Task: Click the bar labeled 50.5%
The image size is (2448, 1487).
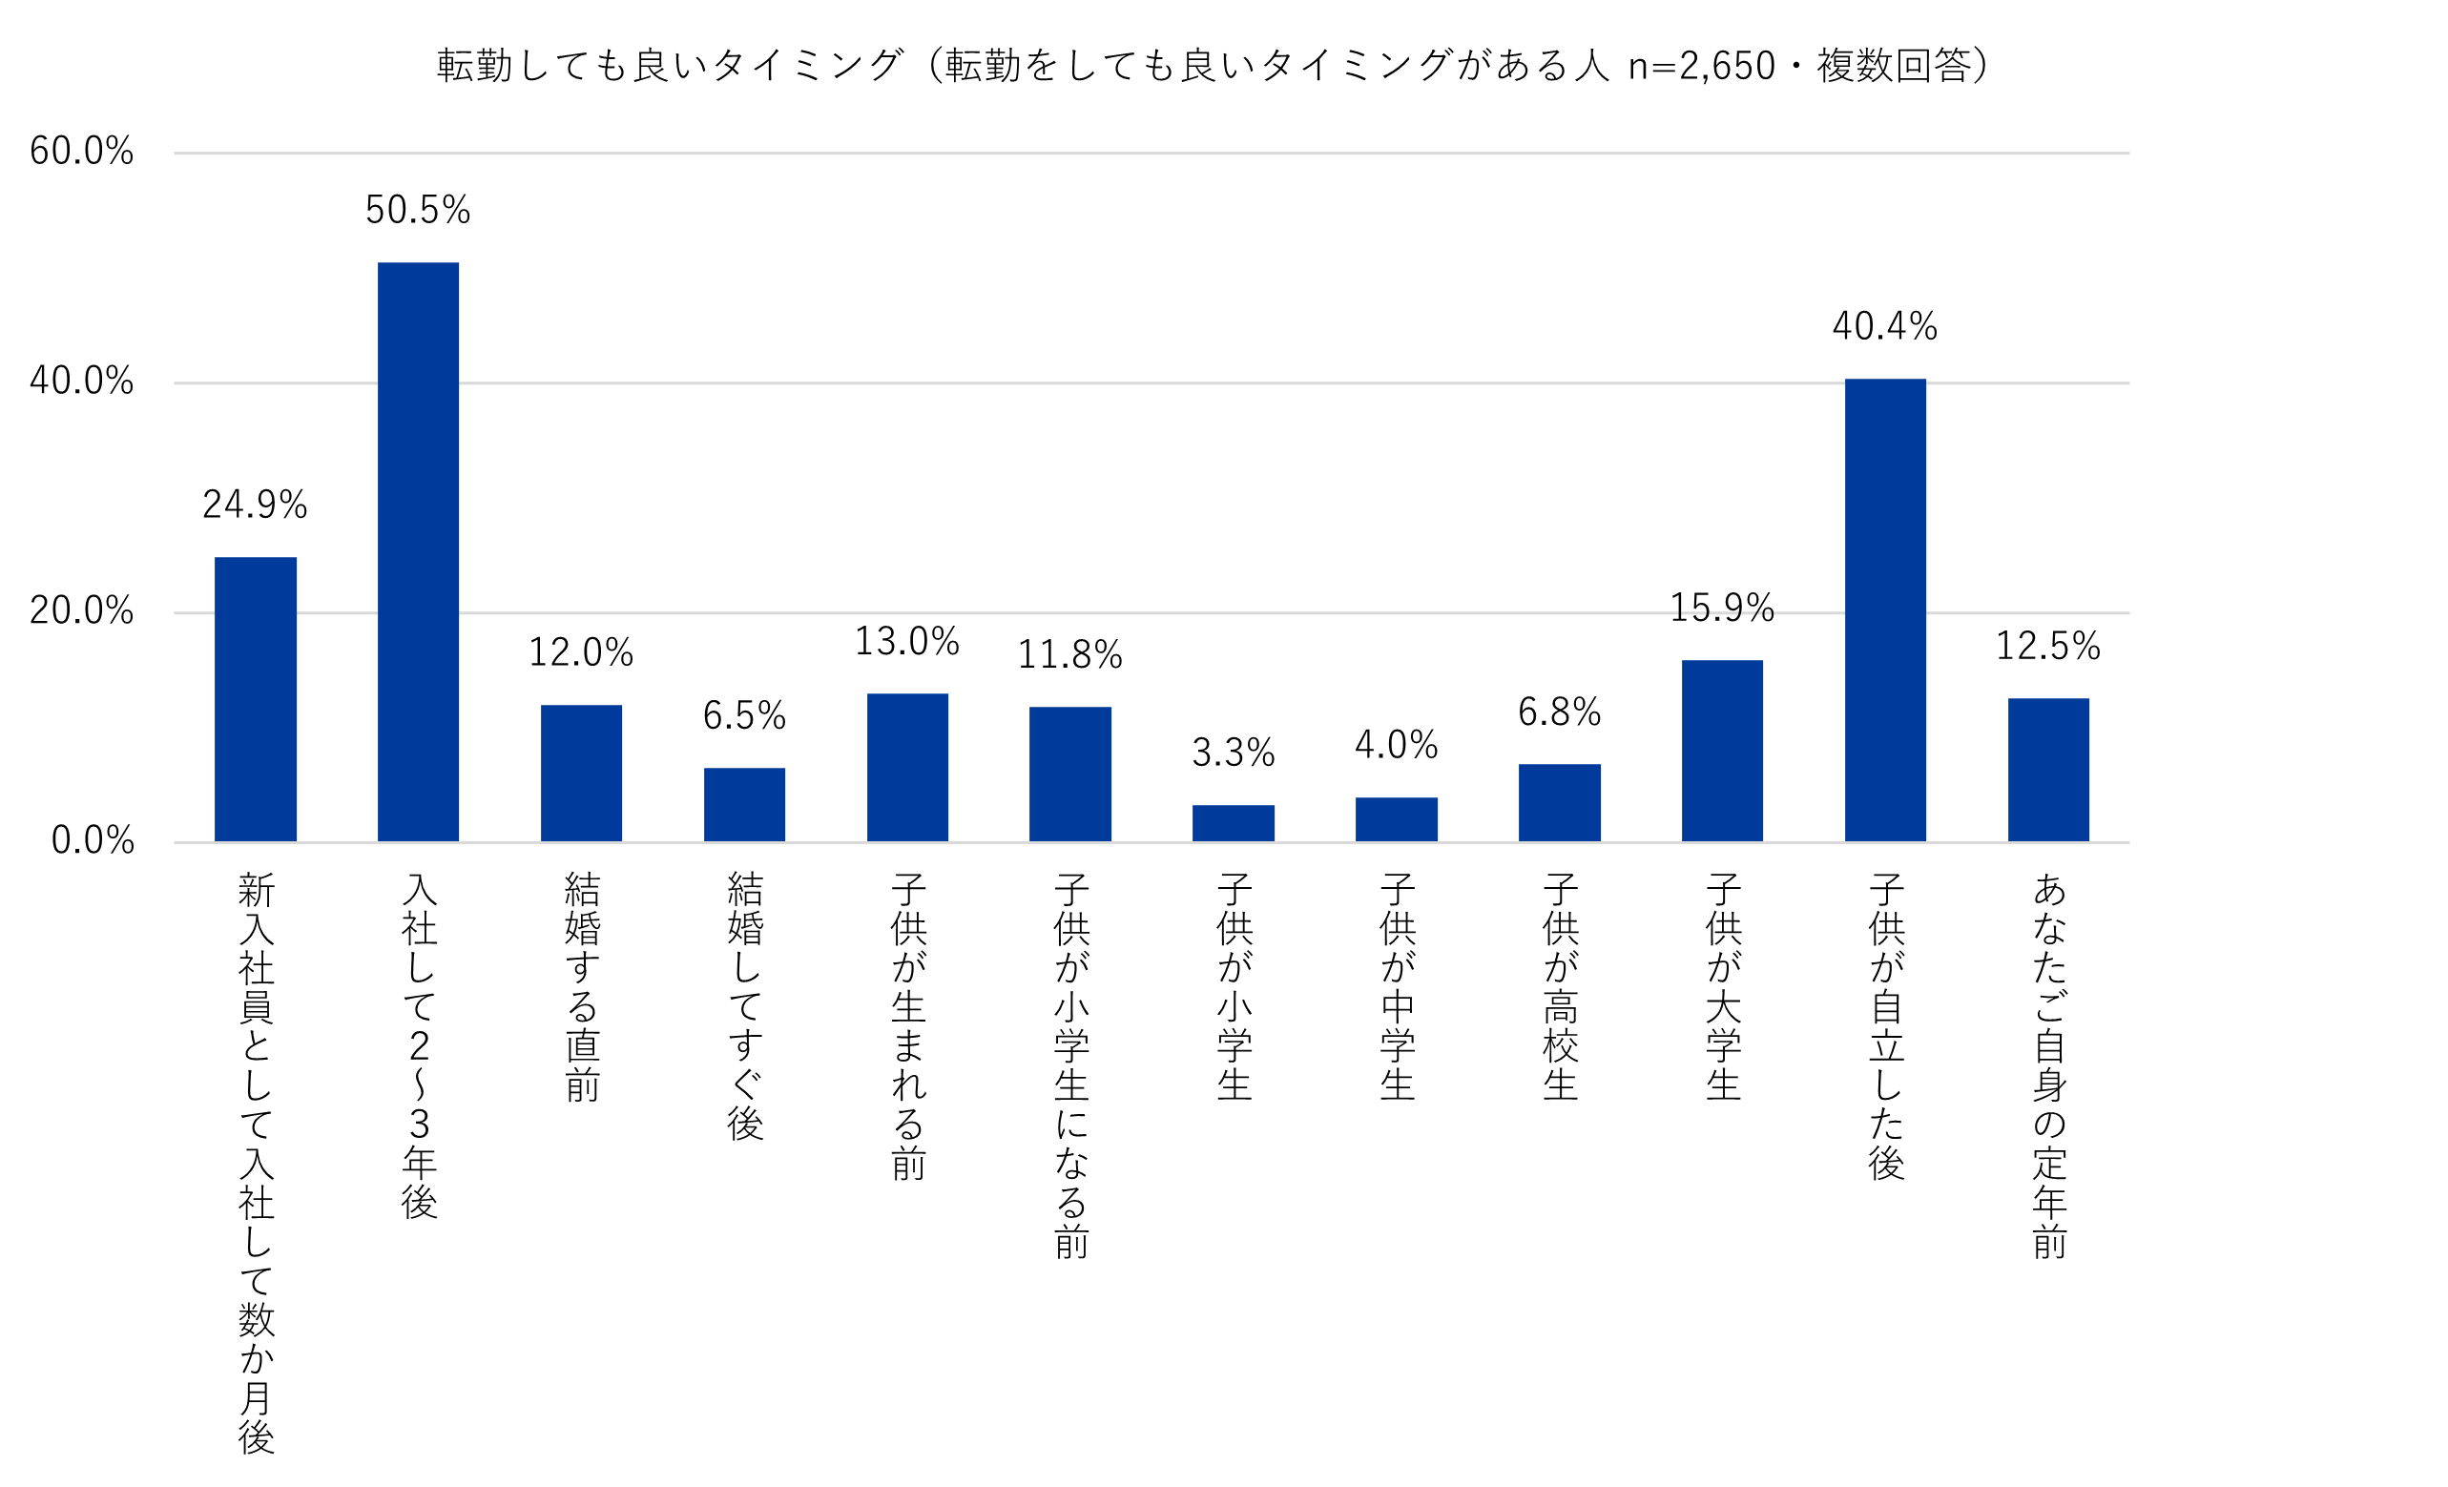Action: pyautogui.click(x=418, y=552)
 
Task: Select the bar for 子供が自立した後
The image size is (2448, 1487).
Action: pyautogui.click(x=1885, y=609)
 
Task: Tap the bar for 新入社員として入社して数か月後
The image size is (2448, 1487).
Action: pyautogui.click(x=256, y=699)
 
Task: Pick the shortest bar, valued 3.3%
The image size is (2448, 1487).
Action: pyautogui.click(x=1233, y=823)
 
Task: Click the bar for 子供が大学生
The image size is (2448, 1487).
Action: pyautogui.click(x=1722, y=751)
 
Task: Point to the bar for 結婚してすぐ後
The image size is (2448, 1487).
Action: pyautogui.click(x=744, y=805)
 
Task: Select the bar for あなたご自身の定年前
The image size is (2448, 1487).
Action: pyautogui.click(x=2047, y=770)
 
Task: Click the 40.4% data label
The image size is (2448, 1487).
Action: pyautogui.click(x=1885, y=327)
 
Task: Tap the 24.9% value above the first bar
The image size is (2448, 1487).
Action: pyautogui.click(x=256, y=506)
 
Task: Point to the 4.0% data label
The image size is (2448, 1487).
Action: pyautogui.click(x=1396, y=746)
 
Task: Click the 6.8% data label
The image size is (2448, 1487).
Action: pyautogui.click(x=1559, y=713)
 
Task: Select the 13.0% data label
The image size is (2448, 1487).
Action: pyautogui.click(x=907, y=642)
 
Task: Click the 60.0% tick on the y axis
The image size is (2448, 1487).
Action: pyautogui.click(x=81, y=152)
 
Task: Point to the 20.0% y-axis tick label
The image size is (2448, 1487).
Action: pyautogui.click(x=81, y=610)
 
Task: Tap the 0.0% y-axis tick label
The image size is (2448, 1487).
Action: pyautogui.click(x=93, y=841)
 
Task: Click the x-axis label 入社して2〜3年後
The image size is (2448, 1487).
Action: pyautogui.click(x=419, y=1046)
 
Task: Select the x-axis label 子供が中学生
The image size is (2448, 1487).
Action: pyautogui.click(x=1397, y=987)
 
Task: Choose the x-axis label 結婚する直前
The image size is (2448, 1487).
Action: pyautogui.click(x=582, y=987)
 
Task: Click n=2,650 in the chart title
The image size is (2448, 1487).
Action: pyautogui.click(x=1701, y=67)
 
